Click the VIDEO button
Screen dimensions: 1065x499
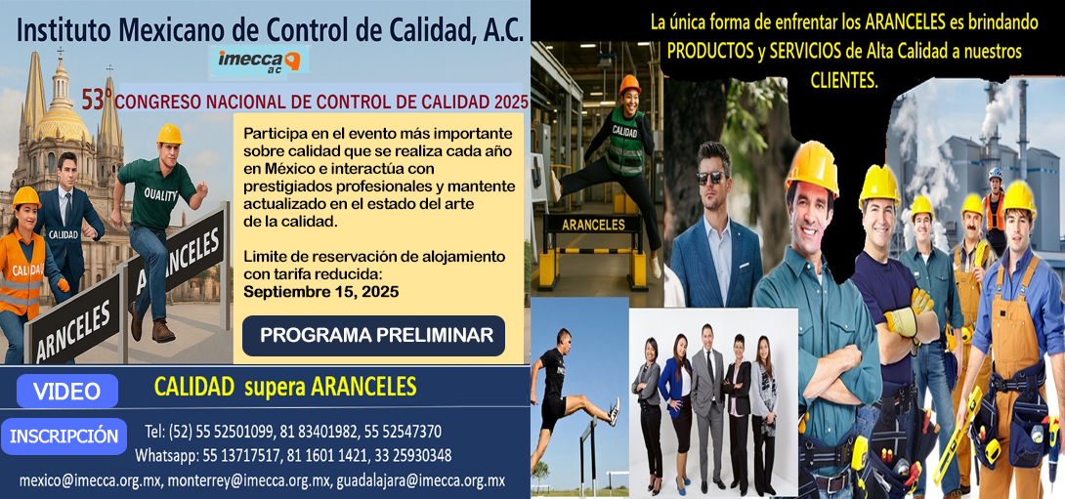pyautogui.click(x=67, y=391)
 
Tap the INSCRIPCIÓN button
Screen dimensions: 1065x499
pyautogui.click(x=64, y=436)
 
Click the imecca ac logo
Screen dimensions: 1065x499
pyautogui.click(x=260, y=61)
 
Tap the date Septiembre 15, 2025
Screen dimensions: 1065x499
pyautogui.click(x=321, y=292)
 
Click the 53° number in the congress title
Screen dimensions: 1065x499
pyautogui.click(x=97, y=100)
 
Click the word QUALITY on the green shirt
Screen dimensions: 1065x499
pyautogui.click(x=160, y=195)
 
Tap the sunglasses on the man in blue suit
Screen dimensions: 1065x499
pyautogui.click(x=710, y=177)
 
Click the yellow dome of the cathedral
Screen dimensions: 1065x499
pyautogui.click(x=63, y=122)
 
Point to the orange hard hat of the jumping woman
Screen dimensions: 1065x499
pyautogui.click(x=629, y=85)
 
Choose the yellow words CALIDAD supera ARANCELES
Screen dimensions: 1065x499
pyautogui.click(x=285, y=386)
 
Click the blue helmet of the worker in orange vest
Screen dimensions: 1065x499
pyautogui.click(x=995, y=173)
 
